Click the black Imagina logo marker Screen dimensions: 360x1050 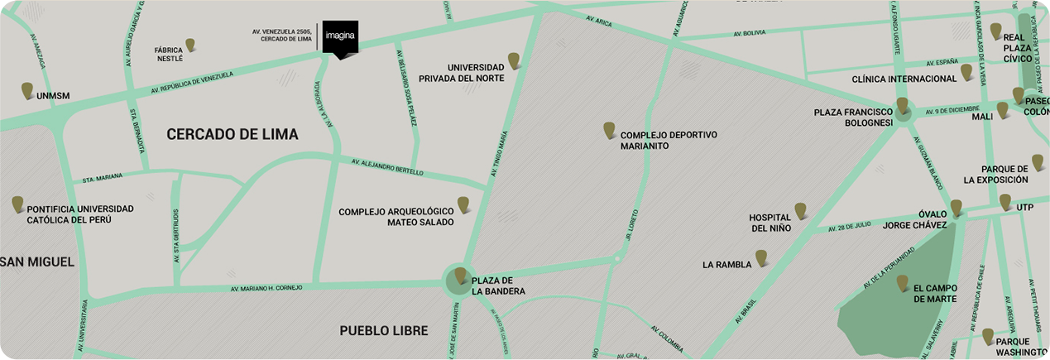(340, 38)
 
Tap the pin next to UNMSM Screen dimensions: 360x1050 (27, 90)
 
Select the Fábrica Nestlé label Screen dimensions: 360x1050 (169, 55)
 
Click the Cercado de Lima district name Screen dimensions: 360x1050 (232, 134)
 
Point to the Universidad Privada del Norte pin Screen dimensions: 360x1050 (514, 60)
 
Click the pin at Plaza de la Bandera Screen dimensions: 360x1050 (461, 275)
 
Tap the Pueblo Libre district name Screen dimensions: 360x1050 (384, 331)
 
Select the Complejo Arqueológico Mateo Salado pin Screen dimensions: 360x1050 (464, 204)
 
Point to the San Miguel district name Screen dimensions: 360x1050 (38, 262)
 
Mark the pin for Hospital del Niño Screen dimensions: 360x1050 (800, 210)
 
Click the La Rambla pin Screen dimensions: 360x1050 (761, 257)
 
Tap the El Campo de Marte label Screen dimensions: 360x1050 (935, 293)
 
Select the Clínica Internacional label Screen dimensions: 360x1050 (904, 79)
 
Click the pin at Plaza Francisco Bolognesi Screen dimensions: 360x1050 (902, 105)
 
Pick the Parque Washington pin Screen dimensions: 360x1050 (987, 335)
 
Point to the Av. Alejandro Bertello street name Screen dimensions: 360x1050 (387, 167)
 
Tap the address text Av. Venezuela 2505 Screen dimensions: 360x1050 (283, 31)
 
